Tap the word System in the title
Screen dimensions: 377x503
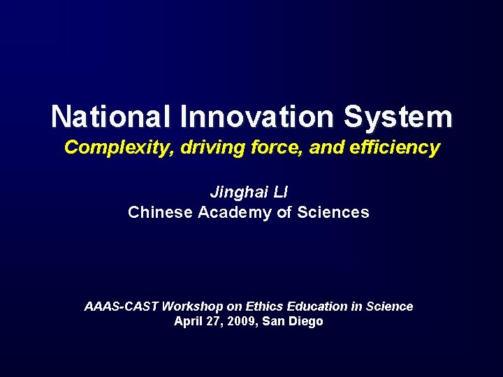pyautogui.click(x=407, y=117)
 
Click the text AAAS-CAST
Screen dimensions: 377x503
pyautogui.click(x=121, y=306)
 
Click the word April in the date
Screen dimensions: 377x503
pyautogui.click(x=189, y=322)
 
